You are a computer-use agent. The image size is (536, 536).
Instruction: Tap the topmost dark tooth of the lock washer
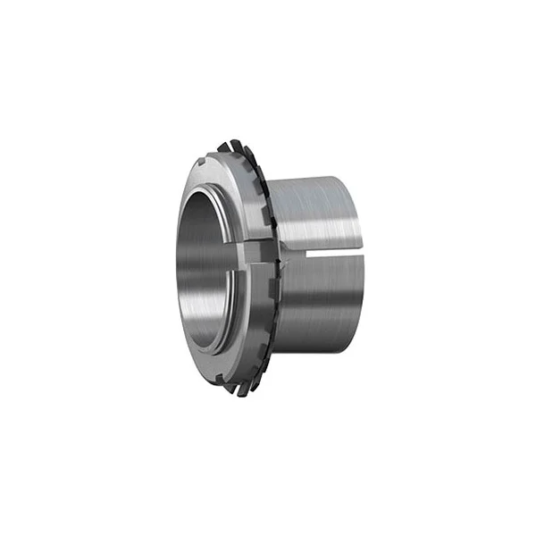point(234,145)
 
